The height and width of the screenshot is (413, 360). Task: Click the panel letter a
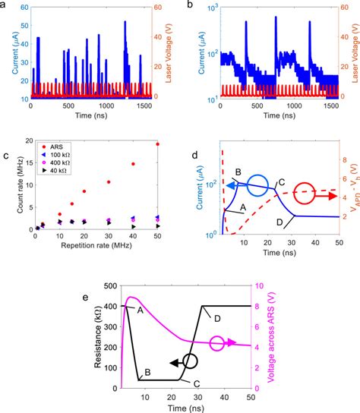[x=5, y=5]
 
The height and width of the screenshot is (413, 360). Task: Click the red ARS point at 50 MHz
[x=158, y=143]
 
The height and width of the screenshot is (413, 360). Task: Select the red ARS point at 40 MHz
[x=134, y=163]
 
